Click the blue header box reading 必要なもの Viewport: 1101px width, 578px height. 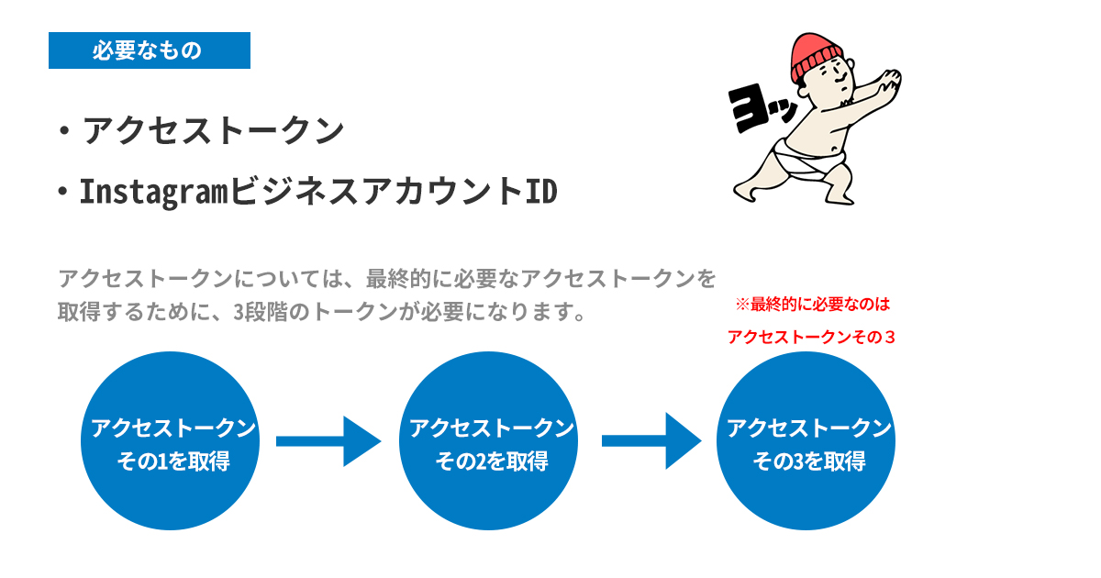pos(149,50)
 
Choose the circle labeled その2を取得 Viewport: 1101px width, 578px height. pos(489,442)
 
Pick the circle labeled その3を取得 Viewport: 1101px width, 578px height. pos(806,442)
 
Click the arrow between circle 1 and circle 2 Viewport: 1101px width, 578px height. pos(328,441)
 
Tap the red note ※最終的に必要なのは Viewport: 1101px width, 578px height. pos(812,304)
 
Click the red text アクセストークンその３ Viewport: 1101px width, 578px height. pos(812,337)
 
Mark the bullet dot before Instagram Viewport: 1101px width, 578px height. pos(62,193)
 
